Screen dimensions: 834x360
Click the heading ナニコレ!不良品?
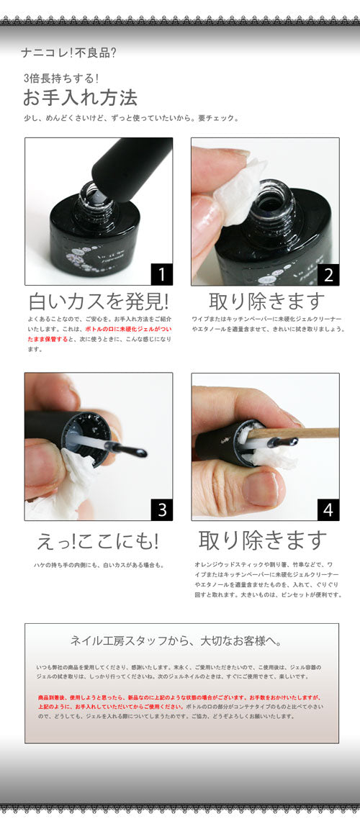click(x=69, y=53)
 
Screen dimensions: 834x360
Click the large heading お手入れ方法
click(x=80, y=97)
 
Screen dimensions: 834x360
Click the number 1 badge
click(x=161, y=273)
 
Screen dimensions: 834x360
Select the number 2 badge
click(x=328, y=273)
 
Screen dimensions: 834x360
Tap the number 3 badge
click(x=161, y=509)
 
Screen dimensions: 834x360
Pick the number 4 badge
click(x=328, y=509)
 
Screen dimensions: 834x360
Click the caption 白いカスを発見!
click(x=99, y=301)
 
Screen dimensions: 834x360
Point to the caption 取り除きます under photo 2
click(x=266, y=301)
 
